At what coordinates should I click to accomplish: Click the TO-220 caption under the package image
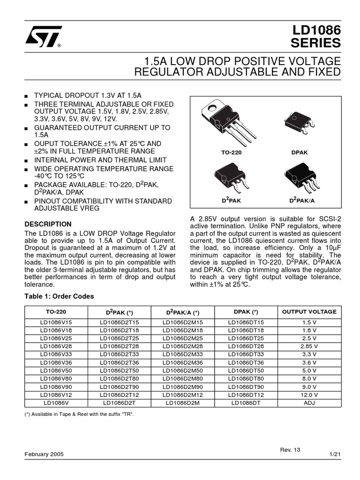[x=232, y=153]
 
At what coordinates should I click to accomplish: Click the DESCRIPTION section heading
[x=48, y=224]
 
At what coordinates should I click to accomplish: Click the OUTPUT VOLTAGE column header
[x=309, y=312]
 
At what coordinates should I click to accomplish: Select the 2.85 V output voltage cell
[x=309, y=346]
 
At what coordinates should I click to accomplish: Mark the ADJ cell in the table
[x=309, y=402]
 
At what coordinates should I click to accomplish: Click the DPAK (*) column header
[x=246, y=312]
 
